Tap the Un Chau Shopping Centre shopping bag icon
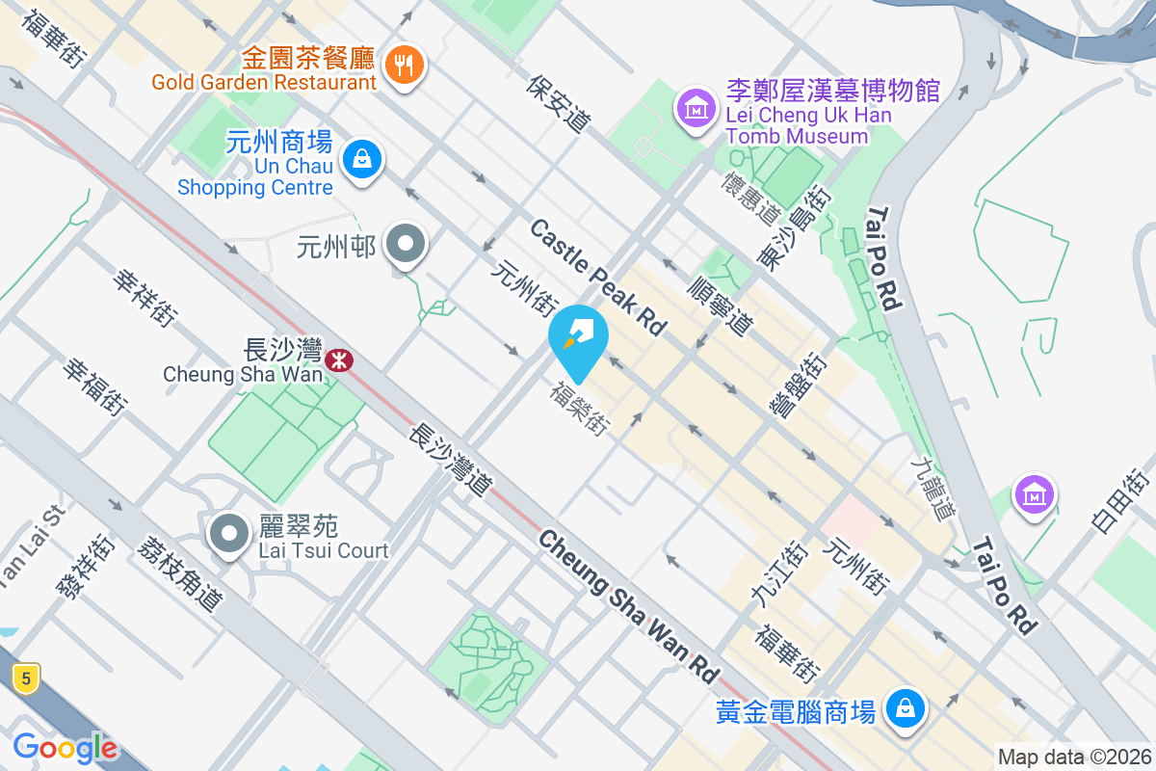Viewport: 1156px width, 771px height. pyautogui.click(x=362, y=157)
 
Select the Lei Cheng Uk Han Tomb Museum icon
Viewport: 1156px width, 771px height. pyautogui.click(x=696, y=107)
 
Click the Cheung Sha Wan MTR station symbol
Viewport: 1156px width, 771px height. pyautogui.click(x=338, y=361)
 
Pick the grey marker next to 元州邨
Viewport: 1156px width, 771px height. pyautogui.click(x=406, y=245)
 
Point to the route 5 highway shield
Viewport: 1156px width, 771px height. pyautogui.click(x=26, y=678)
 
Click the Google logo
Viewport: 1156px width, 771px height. pyautogui.click(x=65, y=748)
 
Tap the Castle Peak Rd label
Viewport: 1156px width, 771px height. pyautogui.click(x=598, y=278)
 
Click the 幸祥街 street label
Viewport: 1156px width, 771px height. pyautogui.click(x=145, y=297)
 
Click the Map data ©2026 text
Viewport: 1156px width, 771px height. pyautogui.click(x=1073, y=757)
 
